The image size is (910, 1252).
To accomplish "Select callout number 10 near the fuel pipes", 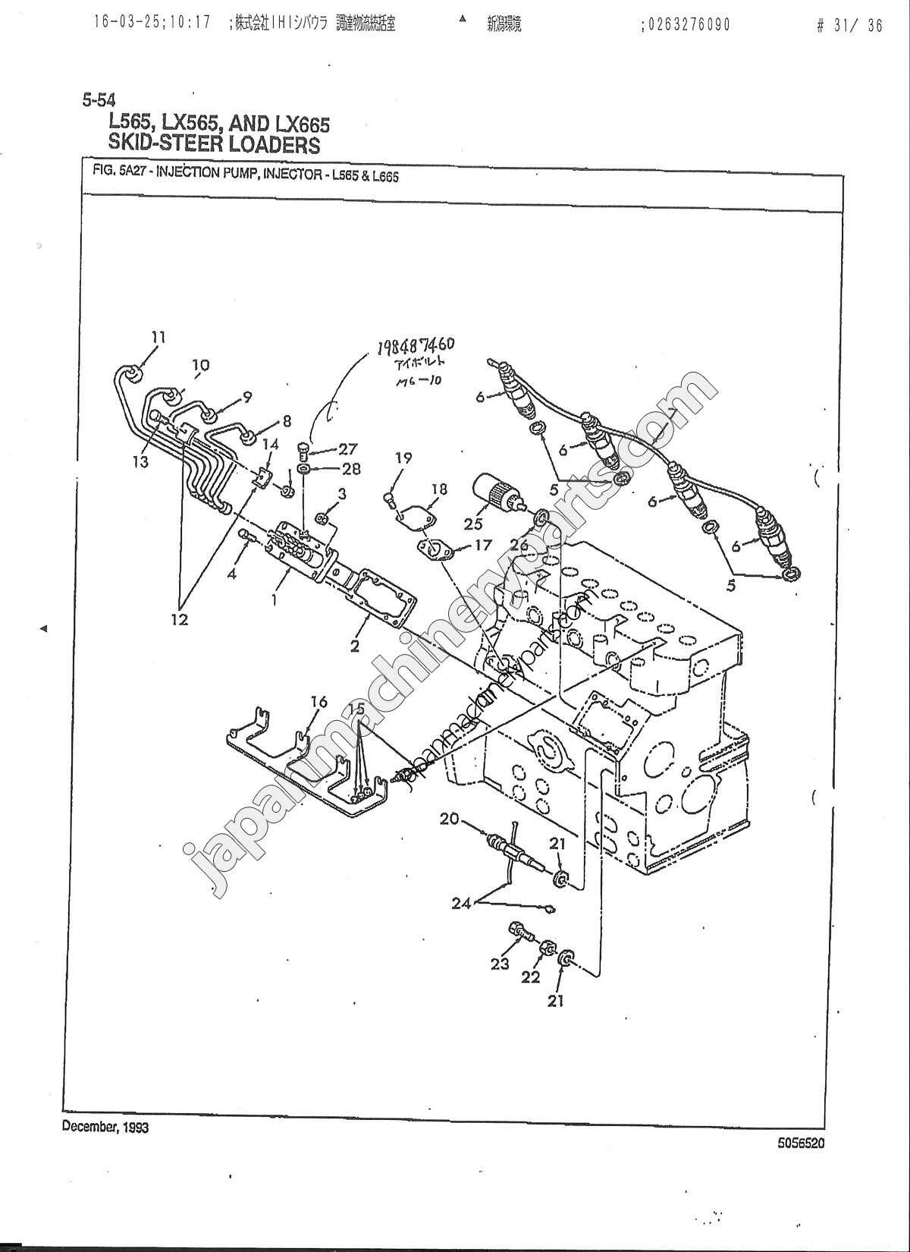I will (199, 365).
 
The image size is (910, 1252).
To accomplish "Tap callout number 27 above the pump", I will (347, 449).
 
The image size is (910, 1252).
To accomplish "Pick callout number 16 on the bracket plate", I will (318, 702).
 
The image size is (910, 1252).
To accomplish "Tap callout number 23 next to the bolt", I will (498, 964).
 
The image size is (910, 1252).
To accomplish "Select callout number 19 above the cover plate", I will (403, 458).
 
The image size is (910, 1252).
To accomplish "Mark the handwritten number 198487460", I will (422, 350).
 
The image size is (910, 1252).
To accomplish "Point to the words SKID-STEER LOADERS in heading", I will (215, 144).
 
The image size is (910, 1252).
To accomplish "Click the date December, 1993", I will (105, 1127).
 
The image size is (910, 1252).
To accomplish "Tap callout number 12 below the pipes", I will (179, 619).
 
